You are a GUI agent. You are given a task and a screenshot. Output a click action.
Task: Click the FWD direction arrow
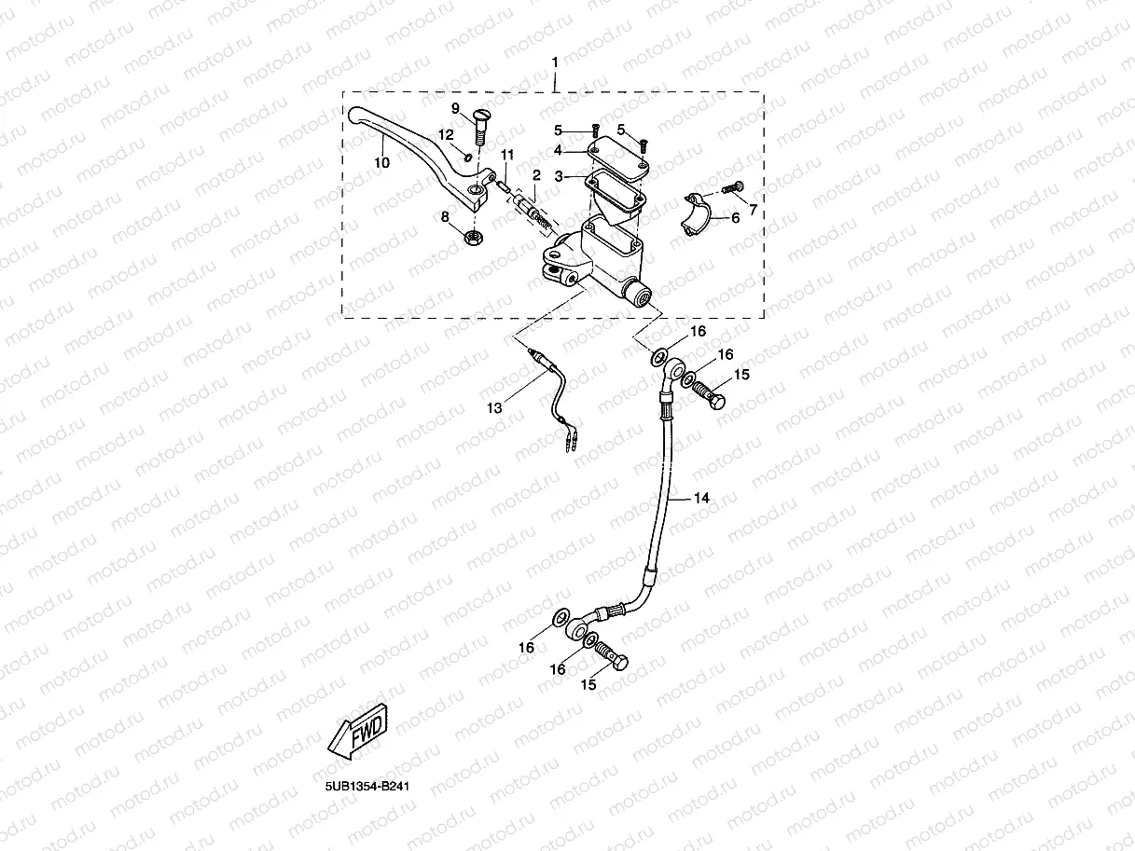coord(360,728)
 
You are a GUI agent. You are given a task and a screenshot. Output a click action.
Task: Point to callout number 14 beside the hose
coord(701,499)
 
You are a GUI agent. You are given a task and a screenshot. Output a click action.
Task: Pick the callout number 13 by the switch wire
coord(493,407)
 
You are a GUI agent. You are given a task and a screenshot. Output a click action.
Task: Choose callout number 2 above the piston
coord(536,174)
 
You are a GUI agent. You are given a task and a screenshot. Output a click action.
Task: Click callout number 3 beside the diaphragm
coord(559,175)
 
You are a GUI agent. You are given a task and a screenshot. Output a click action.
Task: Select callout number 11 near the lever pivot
coord(506,154)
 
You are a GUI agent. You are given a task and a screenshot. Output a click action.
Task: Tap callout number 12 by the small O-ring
coord(447,134)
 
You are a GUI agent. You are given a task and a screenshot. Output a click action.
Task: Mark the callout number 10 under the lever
coord(382,163)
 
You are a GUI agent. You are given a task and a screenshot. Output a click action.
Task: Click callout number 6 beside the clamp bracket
coord(734,218)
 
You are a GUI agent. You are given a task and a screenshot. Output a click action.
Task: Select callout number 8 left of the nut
coord(445,216)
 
